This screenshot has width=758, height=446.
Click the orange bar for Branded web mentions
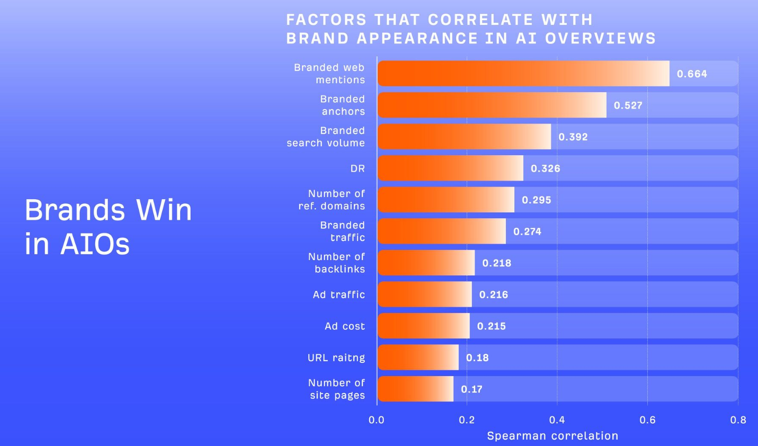[x=523, y=74]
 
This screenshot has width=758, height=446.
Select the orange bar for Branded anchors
[x=492, y=105]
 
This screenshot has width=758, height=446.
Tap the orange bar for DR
[x=450, y=168]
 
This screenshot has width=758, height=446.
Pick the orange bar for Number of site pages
[x=415, y=389]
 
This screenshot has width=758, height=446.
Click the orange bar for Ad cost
[x=423, y=326]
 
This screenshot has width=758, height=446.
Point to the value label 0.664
[x=692, y=74]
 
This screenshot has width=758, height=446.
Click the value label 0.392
[x=573, y=137]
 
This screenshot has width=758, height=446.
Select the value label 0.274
[x=527, y=231]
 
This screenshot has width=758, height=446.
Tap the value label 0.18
[x=477, y=358]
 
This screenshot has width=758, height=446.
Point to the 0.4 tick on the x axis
[x=557, y=420]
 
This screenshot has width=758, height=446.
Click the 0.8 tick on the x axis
[x=738, y=420]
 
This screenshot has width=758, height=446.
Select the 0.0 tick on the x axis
[x=377, y=420]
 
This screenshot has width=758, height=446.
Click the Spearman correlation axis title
[x=552, y=436]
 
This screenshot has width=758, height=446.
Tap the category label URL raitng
[x=336, y=358]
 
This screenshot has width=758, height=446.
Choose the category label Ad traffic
[x=338, y=295]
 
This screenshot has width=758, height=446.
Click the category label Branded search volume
[x=326, y=137]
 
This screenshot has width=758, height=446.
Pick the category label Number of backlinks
[x=336, y=263]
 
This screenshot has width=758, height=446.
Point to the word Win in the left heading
[x=164, y=210]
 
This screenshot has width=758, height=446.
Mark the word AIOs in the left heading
[x=95, y=244]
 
